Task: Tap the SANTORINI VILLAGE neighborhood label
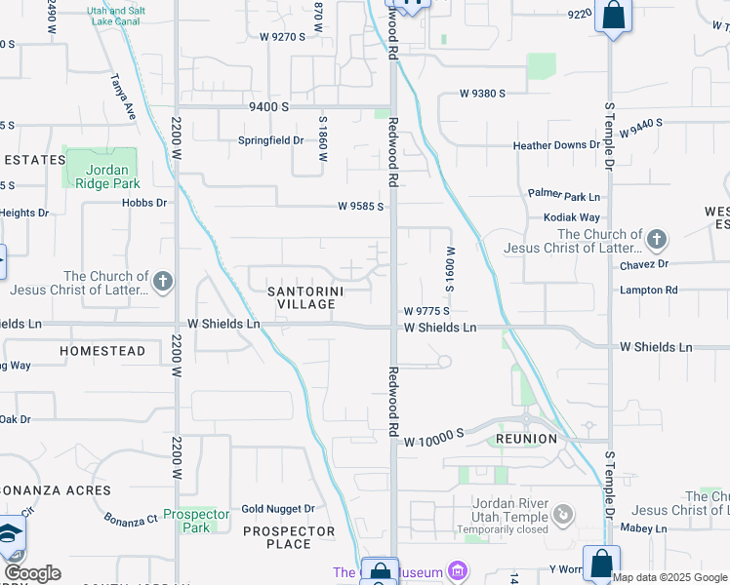pos(302,297)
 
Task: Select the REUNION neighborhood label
pos(526,439)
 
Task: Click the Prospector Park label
pos(196,521)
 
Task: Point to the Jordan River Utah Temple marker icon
pos(562,513)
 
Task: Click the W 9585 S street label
pos(360,207)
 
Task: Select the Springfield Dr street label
pos(271,139)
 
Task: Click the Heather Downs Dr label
pos(556,145)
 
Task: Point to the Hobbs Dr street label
pos(144,203)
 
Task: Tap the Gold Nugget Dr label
pos(278,508)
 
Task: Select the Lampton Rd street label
pos(648,290)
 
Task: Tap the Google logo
pos(32,573)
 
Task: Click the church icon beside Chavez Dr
pos(657,239)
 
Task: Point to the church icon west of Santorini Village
pos(162,283)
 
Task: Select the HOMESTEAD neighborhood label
pos(102,350)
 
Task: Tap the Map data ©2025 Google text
pos(669,577)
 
